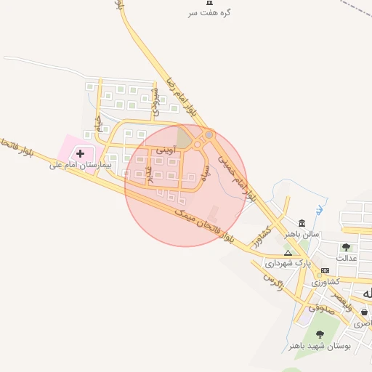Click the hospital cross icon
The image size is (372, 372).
[80, 153]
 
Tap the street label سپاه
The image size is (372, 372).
[203, 177]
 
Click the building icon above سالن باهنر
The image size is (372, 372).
[302, 222]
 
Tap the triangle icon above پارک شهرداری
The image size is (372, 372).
[287, 252]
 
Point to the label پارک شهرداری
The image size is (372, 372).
[287, 262]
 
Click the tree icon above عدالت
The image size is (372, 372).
[346, 247]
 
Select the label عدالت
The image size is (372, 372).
[347, 258]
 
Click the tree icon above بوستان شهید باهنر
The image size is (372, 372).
[320, 334]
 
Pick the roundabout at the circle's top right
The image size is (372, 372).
[209, 135]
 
